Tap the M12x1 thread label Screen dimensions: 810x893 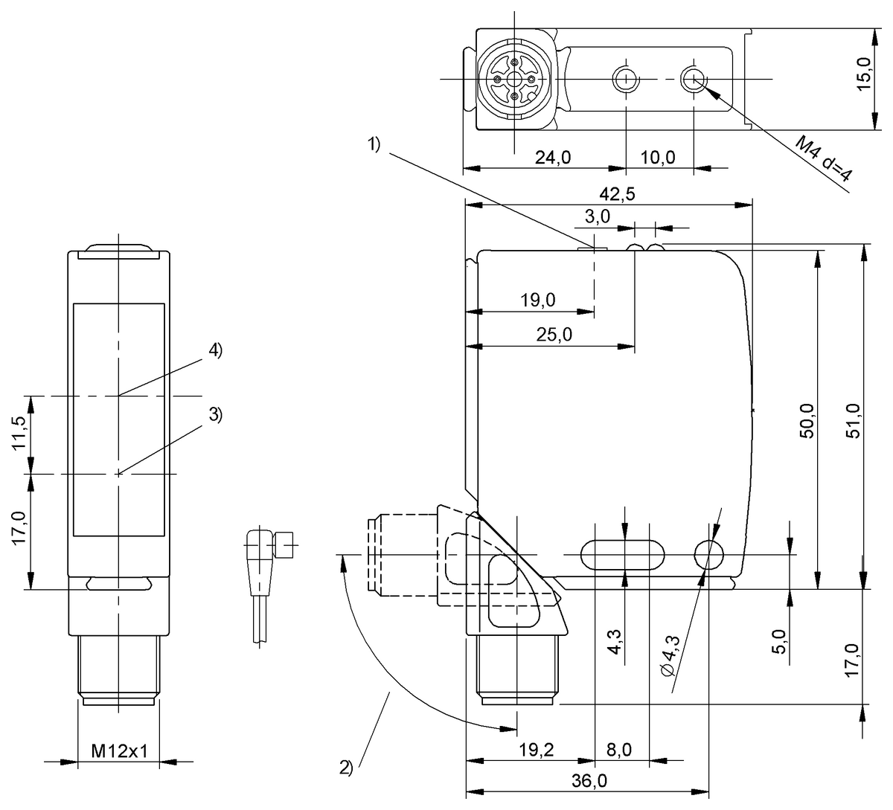pyautogui.click(x=119, y=751)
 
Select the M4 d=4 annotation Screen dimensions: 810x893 pyautogui.click(x=824, y=159)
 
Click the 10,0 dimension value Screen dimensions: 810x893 pyautogui.click(x=657, y=157)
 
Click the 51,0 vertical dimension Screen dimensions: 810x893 pyautogui.click(x=854, y=422)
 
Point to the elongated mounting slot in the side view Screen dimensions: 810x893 pyautogui.click(x=622, y=554)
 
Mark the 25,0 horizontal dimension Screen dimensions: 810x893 pyautogui.click(x=554, y=335)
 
